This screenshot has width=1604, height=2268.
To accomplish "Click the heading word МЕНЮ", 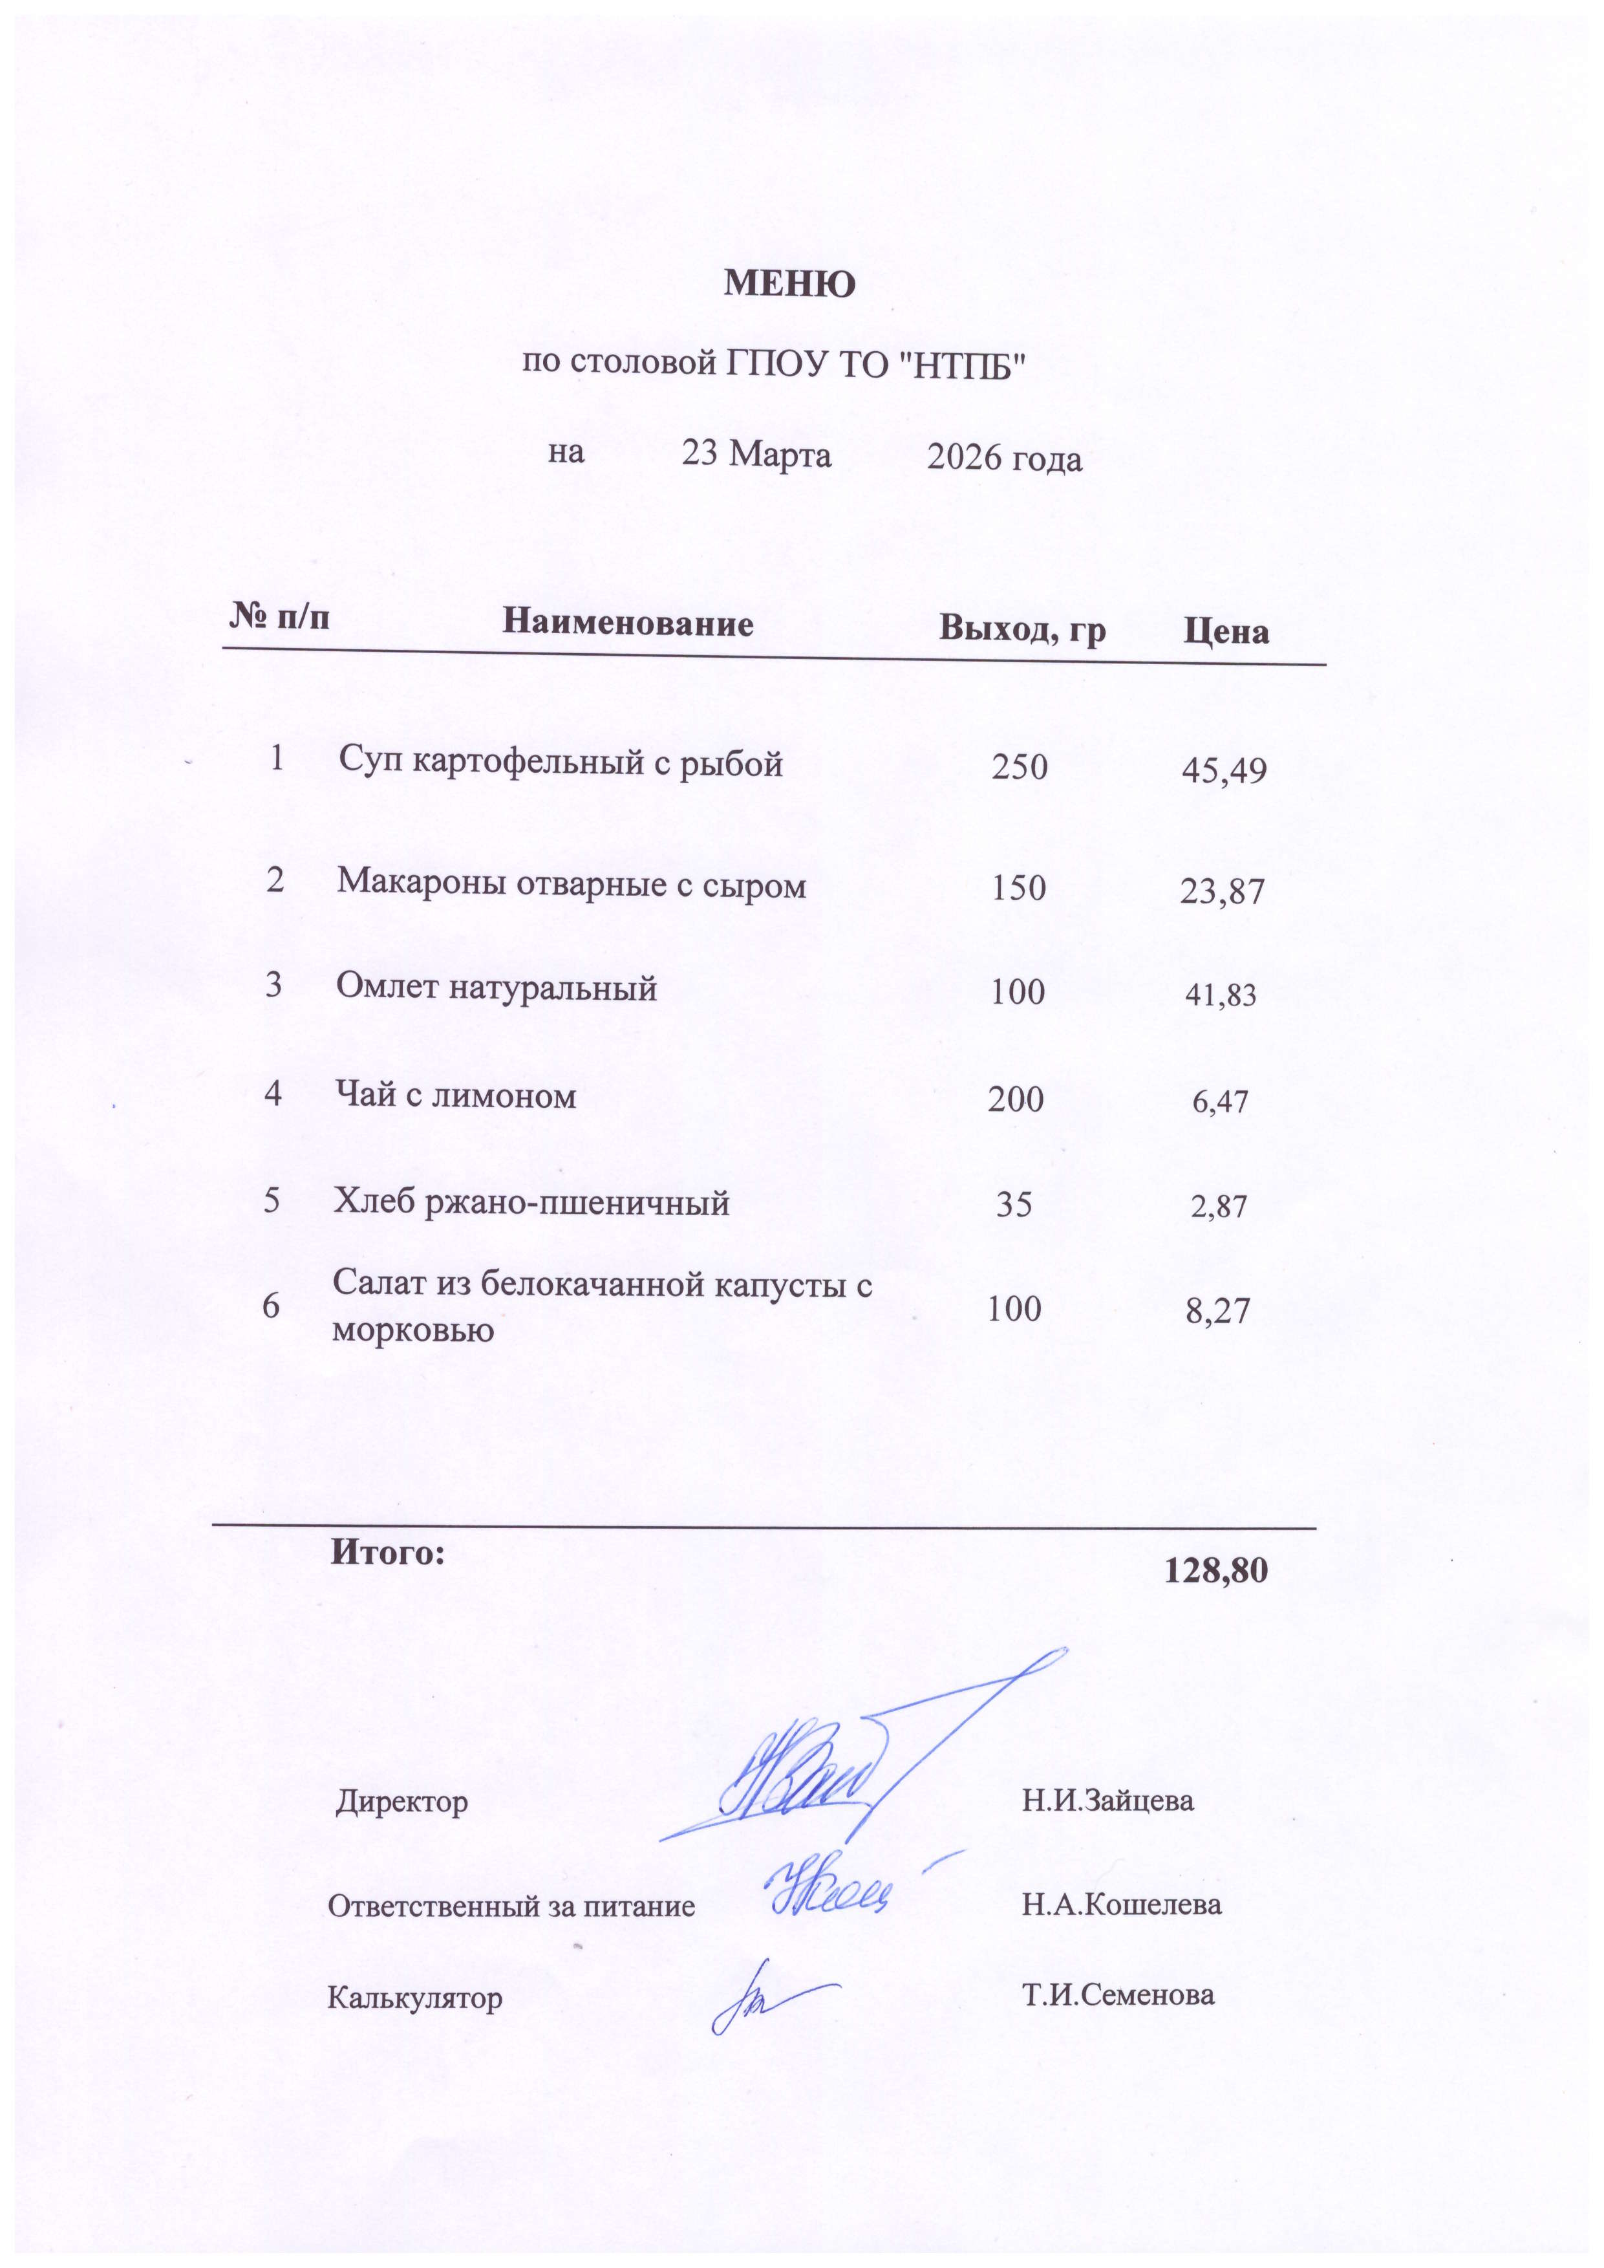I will [x=789, y=285].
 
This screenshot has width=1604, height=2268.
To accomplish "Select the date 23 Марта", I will [x=756, y=455].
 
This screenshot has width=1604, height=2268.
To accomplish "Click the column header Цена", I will [x=1226, y=631].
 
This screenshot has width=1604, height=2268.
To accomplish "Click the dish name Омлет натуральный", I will [x=496, y=987].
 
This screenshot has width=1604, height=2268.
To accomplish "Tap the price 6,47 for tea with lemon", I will [x=1220, y=1101].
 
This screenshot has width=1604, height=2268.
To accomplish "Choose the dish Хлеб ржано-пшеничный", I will [x=531, y=1203].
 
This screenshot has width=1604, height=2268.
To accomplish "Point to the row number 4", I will [x=273, y=1094].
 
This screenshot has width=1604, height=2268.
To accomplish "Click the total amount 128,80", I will [x=1216, y=1571].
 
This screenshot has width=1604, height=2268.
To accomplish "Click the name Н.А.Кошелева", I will [x=1121, y=1905].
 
